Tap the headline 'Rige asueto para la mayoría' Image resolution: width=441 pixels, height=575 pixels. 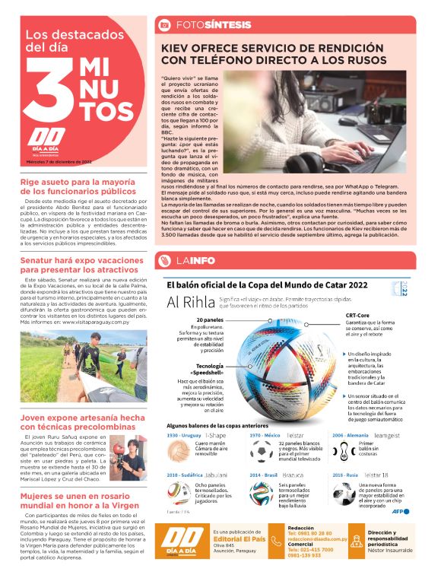click(x=81, y=183)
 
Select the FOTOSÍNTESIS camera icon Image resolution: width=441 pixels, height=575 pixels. click(x=163, y=25)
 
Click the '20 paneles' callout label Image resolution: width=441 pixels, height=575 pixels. click(x=209, y=320)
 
